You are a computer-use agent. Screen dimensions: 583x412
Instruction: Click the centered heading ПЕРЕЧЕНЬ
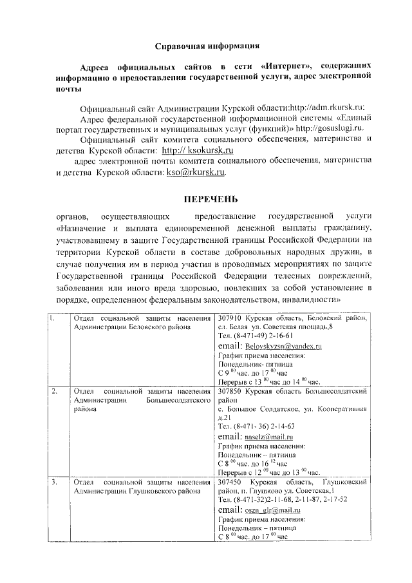209,198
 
